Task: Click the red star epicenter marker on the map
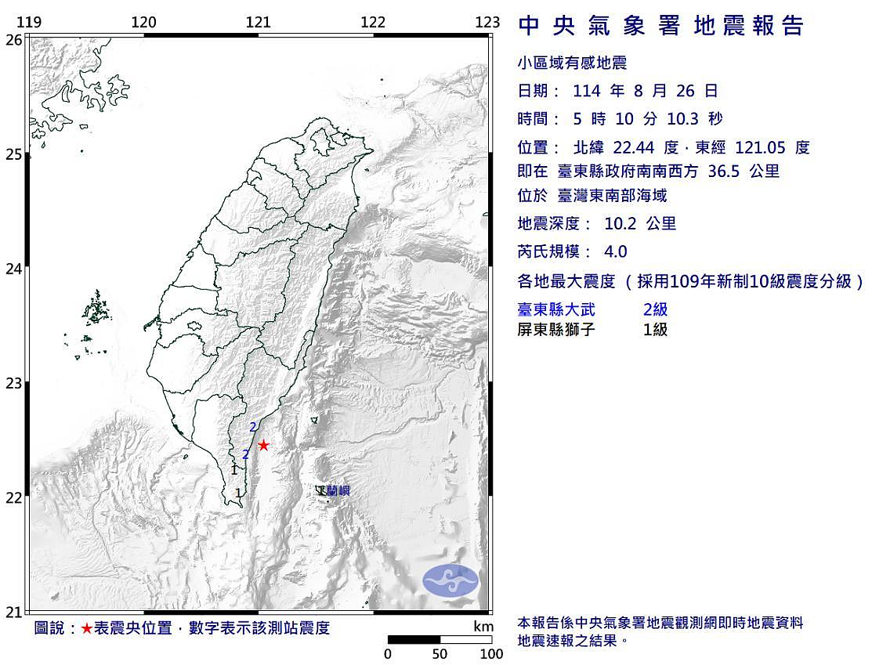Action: pyautogui.click(x=263, y=446)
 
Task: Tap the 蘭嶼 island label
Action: pyautogui.click(x=338, y=491)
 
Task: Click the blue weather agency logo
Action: pyautogui.click(x=450, y=580)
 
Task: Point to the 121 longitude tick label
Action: pyautogui.click(x=258, y=23)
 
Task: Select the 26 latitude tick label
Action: pyautogui.click(x=13, y=40)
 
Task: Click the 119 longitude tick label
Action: pyautogui.click(x=29, y=23)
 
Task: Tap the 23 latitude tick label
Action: pyautogui.click(x=13, y=384)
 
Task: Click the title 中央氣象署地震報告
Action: pyautogui.click(x=662, y=27)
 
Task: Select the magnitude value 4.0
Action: pyautogui.click(x=616, y=252)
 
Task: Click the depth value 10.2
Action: pyautogui.click(x=619, y=224)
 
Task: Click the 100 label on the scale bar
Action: pyautogui.click(x=491, y=654)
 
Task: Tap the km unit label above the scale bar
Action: pyautogui.click(x=483, y=627)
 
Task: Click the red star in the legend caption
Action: pyautogui.click(x=86, y=629)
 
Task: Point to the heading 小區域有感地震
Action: pyautogui.click(x=573, y=63)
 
